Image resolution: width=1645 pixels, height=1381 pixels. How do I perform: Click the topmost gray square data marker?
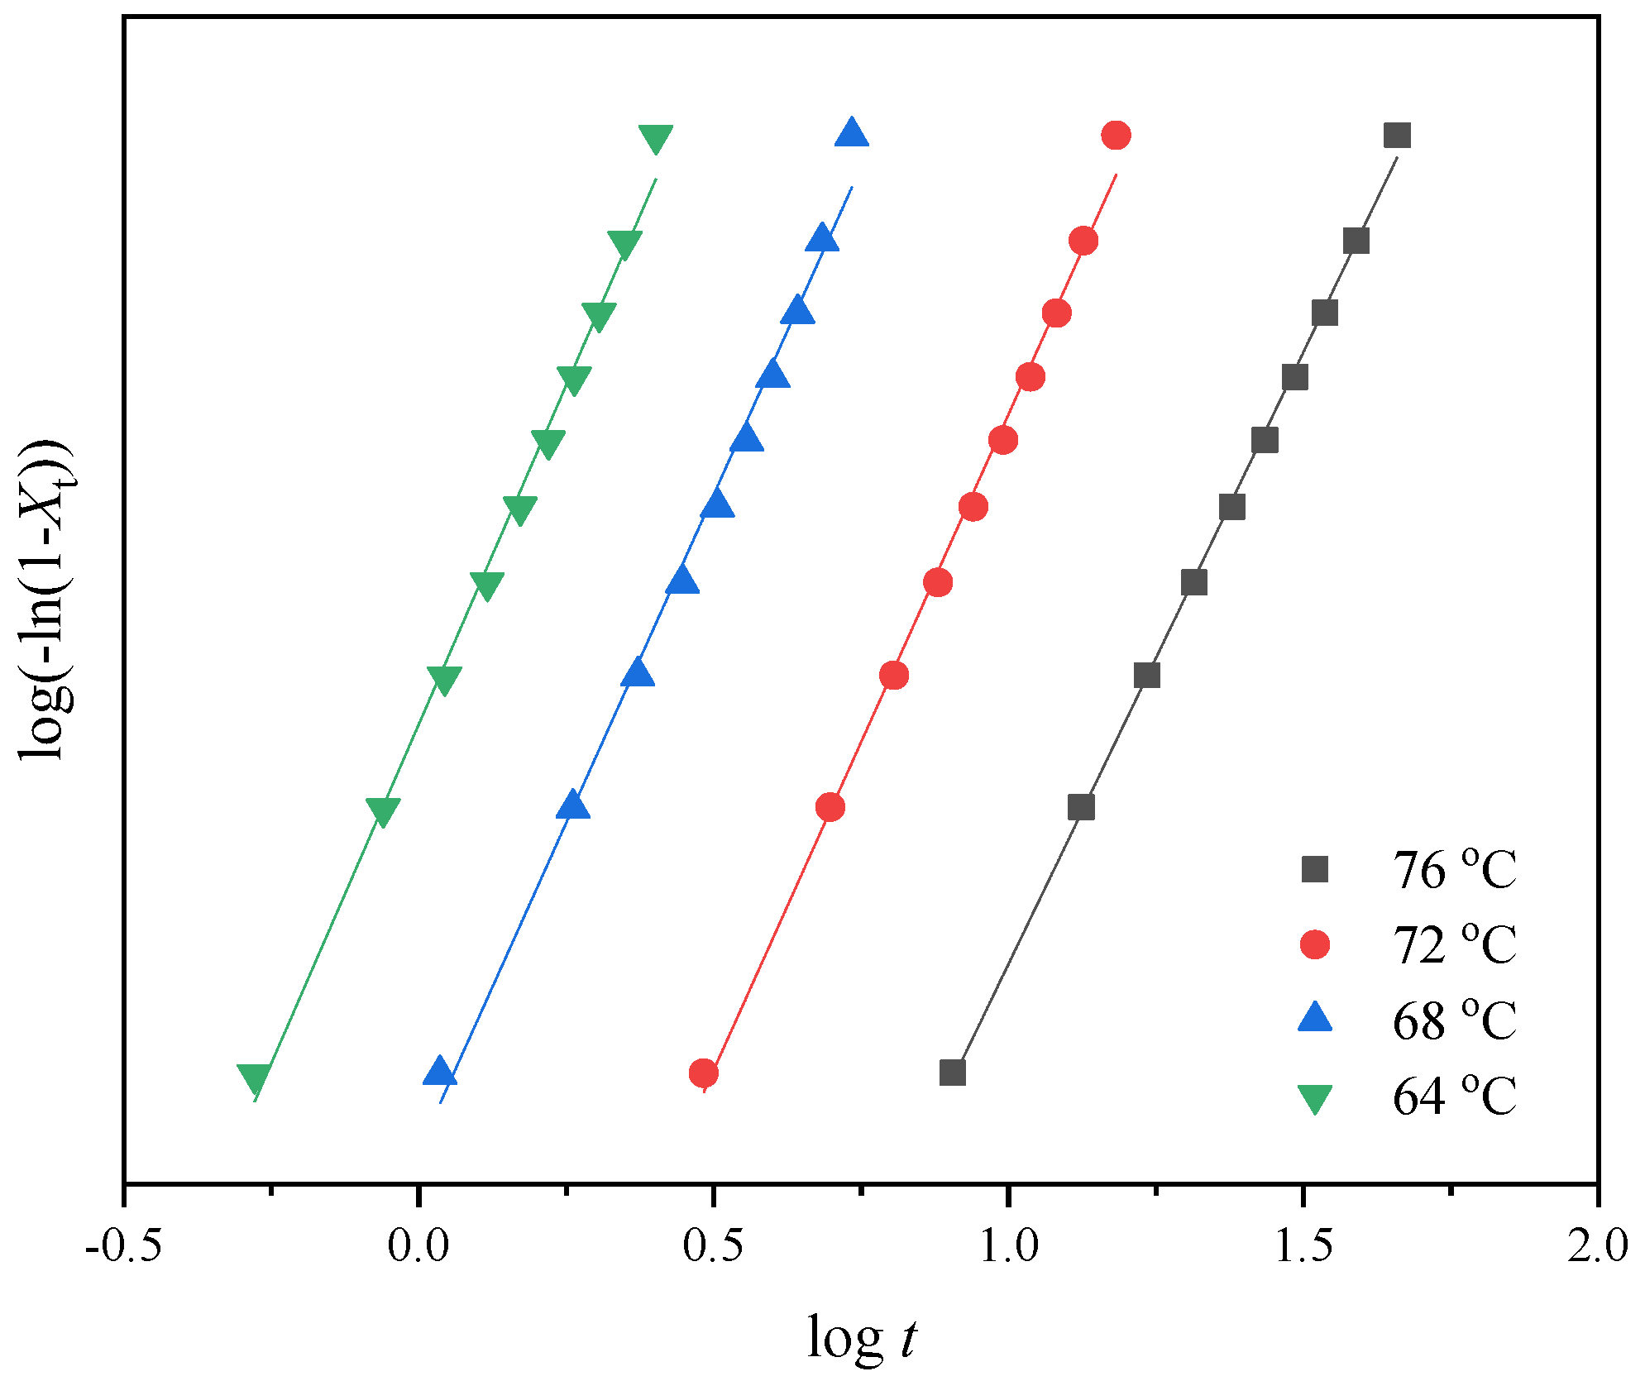(1397, 135)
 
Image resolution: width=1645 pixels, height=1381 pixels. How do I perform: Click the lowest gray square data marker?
(953, 1073)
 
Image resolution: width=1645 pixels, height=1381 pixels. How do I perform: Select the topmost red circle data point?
(1116, 135)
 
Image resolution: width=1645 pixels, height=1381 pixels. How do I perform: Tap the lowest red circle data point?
(703, 1073)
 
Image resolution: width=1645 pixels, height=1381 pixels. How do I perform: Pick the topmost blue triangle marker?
(852, 133)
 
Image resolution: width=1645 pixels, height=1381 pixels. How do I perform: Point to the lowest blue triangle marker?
(440, 1072)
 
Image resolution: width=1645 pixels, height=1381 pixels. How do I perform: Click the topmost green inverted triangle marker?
(656, 138)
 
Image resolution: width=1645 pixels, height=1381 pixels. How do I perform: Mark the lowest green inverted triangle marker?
(254, 1078)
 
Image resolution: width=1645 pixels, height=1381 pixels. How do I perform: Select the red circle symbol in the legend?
(1315, 944)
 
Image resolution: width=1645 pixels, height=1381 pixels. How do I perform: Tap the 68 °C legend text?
(1454, 1021)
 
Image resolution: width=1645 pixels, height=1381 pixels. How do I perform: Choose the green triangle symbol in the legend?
(1315, 1098)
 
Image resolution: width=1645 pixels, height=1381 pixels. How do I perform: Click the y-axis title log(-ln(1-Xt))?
(47, 599)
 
